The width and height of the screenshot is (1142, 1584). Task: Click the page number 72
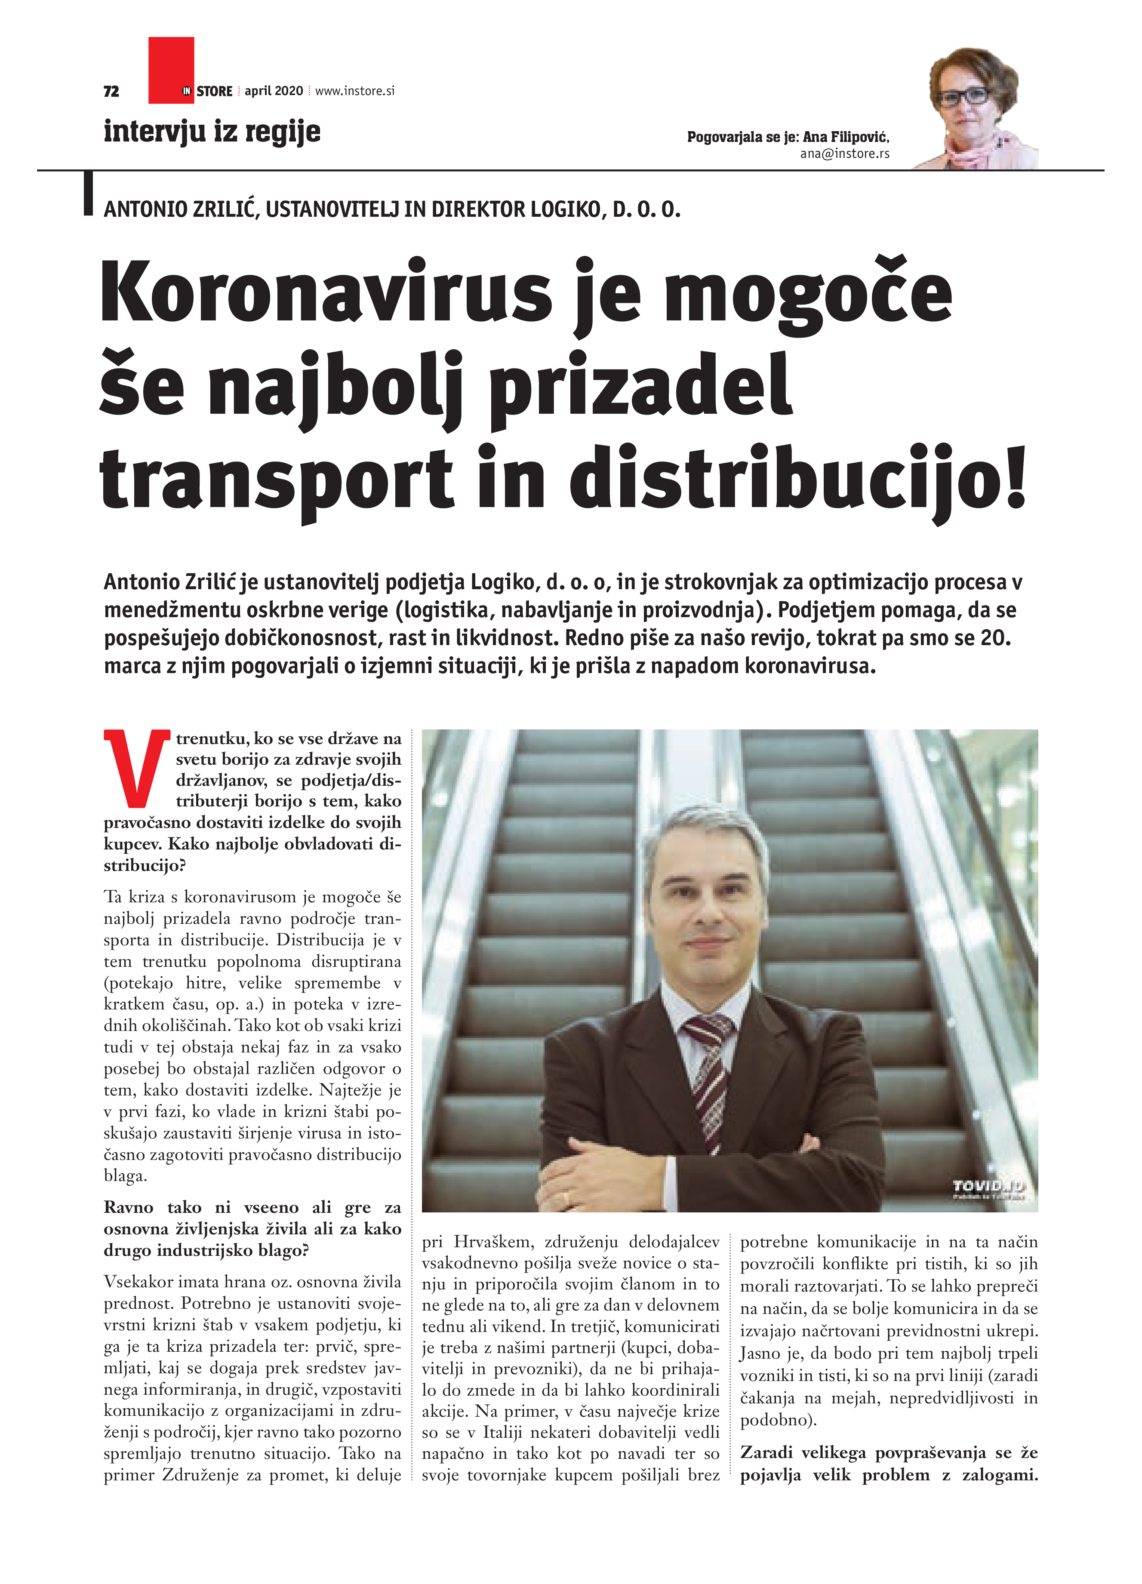click(111, 92)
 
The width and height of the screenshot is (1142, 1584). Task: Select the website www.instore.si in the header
click(355, 91)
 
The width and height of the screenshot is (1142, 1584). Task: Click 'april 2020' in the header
click(274, 91)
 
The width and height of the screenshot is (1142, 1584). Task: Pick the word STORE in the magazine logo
click(215, 92)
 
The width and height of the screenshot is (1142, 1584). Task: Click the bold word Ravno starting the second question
click(129, 1208)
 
